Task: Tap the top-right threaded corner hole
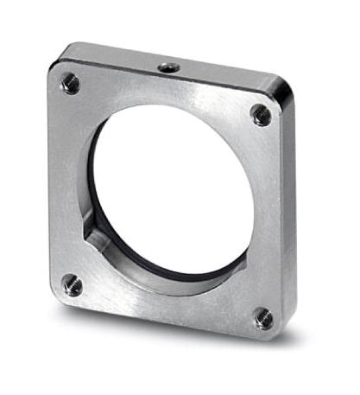(x=259, y=112)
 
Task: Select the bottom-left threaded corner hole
(x=73, y=284)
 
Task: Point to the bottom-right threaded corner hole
(x=261, y=320)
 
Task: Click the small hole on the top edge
(x=166, y=66)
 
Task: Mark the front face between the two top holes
(x=164, y=93)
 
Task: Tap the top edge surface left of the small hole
(x=112, y=55)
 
